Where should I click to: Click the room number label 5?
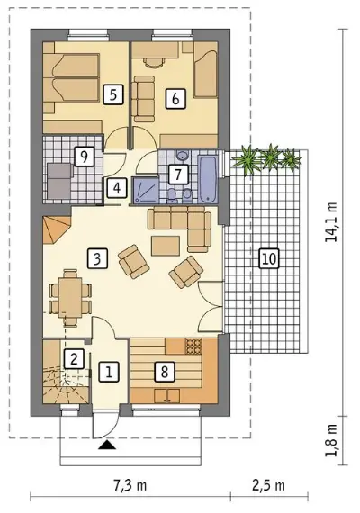[x=112, y=94]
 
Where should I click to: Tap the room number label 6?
[x=175, y=98]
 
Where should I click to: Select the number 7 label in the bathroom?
[x=178, y=174]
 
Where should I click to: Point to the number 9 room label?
[x=84, y=157]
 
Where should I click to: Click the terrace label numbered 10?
[x=269, y=258]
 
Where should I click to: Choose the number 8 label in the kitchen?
[x=165, y=372]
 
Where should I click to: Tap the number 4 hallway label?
[x=117, y=188]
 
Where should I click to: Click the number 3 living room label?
[x=97, y=259]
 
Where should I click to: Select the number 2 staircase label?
[x=74, y=359]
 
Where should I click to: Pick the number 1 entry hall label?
[x=109, y=372]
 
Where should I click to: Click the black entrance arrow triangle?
[x=105, y=445]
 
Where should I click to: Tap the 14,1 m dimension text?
[x=331, y=222]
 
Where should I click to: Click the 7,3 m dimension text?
[x=130, y=485]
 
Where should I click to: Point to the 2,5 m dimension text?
[x=268, y=485]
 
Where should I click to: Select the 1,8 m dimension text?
[x=331, y=440]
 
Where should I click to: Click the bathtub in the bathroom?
[x=208, y=178]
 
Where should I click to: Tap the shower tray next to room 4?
[x=145, y=191]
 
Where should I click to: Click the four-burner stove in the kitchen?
[x=193, y=346]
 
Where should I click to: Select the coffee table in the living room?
[x=166, y=246]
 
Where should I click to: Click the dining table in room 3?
[x=70, y=297]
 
